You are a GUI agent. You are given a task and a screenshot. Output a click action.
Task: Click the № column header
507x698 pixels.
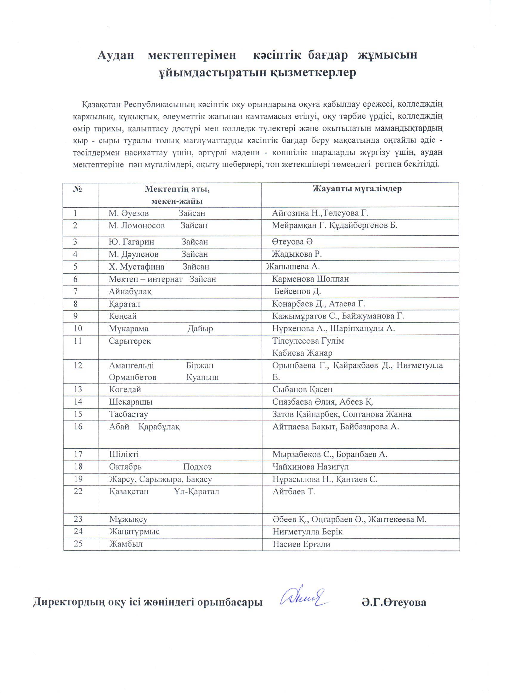coord(78,189)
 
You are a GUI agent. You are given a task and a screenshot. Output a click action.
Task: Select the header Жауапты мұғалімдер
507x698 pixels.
coord(357,189)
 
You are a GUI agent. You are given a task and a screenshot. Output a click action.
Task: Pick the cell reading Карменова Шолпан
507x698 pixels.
coord(310,279)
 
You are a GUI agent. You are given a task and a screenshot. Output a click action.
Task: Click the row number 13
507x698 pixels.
coord(78,390)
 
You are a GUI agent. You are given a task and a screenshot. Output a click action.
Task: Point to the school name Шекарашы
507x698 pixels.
coord(131,402)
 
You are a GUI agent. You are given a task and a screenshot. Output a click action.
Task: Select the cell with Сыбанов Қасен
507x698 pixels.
coord(302,390)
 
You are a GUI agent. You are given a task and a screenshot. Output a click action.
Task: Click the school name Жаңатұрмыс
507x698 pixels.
coord(135,531)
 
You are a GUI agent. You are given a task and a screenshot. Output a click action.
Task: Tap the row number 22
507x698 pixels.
coord(78,491)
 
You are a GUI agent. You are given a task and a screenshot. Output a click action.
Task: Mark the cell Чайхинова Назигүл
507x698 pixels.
coord(310,467)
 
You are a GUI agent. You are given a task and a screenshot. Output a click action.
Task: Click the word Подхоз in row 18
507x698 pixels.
coord(197,467)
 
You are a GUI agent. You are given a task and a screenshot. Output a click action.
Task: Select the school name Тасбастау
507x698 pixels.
coord(129,414)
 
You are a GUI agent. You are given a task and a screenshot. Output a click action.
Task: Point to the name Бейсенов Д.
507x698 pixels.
coord(298,291)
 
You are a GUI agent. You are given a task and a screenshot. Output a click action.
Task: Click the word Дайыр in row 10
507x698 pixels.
coord(200,329)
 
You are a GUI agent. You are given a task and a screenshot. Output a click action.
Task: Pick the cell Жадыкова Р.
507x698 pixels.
coord(297,254)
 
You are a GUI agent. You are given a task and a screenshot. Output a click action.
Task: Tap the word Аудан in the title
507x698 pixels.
coord(116,56)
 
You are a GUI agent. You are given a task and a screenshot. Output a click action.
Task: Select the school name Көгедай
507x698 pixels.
coord(125,390)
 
